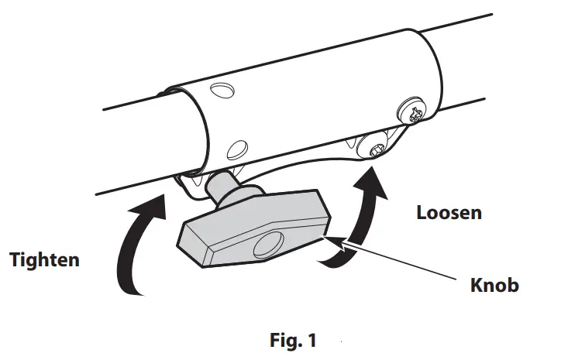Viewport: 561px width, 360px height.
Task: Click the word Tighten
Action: [x=44, y=260]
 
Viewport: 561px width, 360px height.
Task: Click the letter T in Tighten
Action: [x=14, y=260]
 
